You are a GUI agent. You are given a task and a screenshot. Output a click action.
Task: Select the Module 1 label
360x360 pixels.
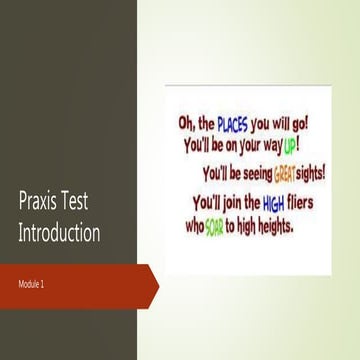click(33, 285)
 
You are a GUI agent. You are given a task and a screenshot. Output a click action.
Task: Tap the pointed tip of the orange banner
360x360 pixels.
click(158, 284)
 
